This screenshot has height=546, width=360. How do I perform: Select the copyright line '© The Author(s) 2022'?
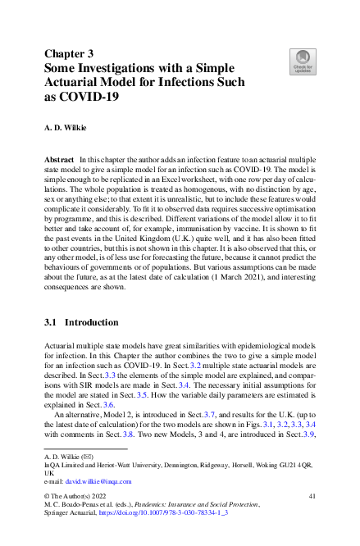[x=77, y=509]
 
